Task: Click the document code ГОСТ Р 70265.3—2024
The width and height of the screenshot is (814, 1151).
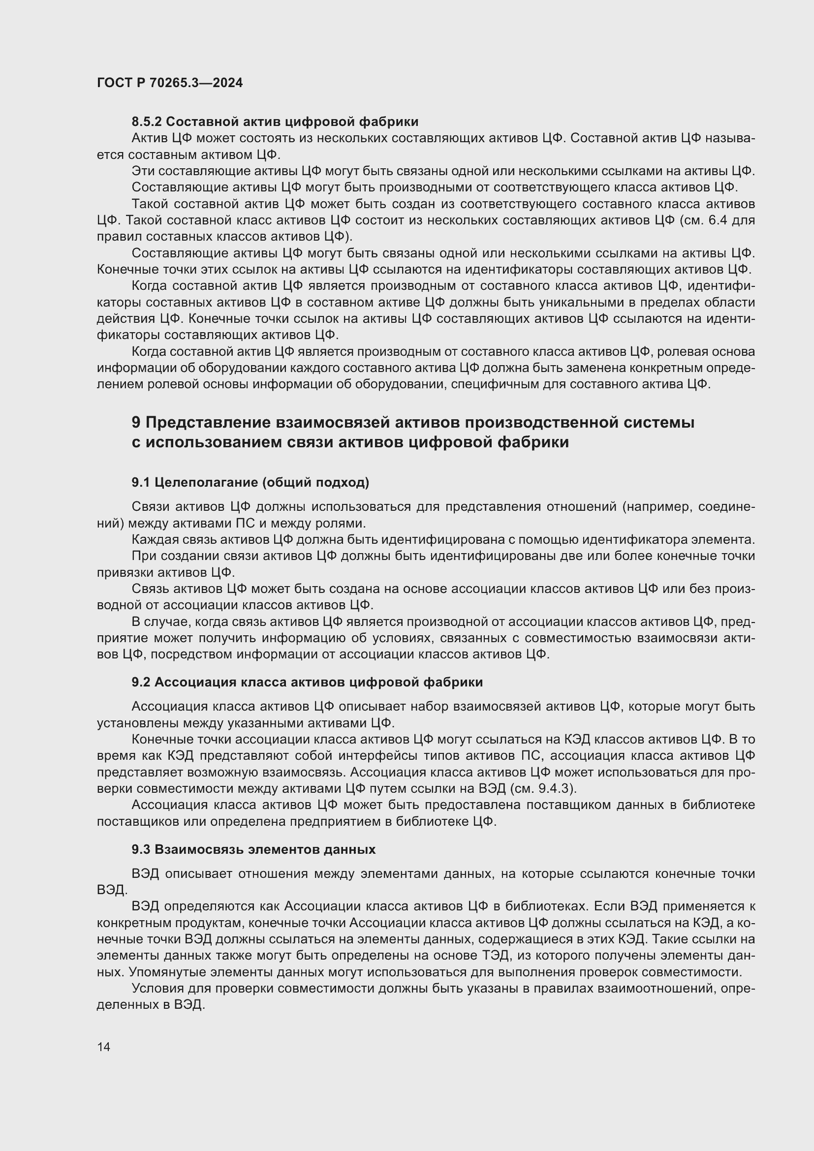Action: pyautogui.click(x=169, y=83)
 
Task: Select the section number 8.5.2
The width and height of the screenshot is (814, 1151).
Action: pyautogui.click(x=147, y=122)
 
